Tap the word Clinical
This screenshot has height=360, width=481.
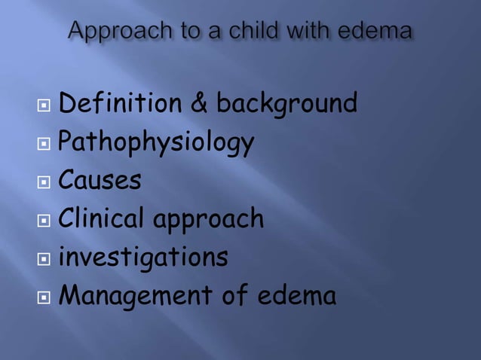click(x=105, y=219)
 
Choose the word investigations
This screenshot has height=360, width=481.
click(x=142, y=258)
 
